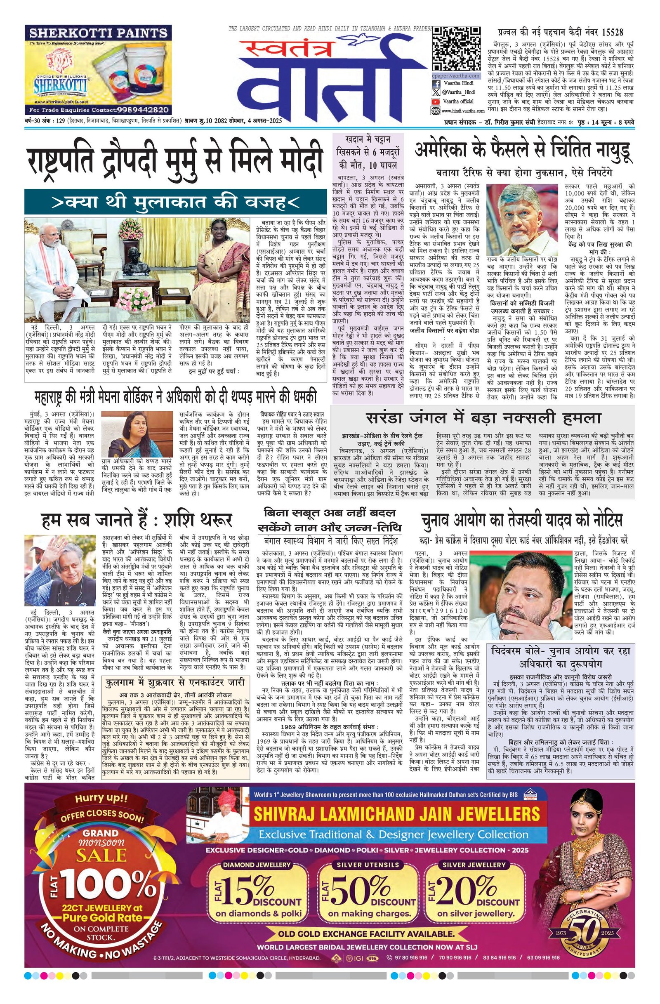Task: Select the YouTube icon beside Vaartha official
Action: point(435,101)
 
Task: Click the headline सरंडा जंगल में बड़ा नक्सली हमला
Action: point(483,417)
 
